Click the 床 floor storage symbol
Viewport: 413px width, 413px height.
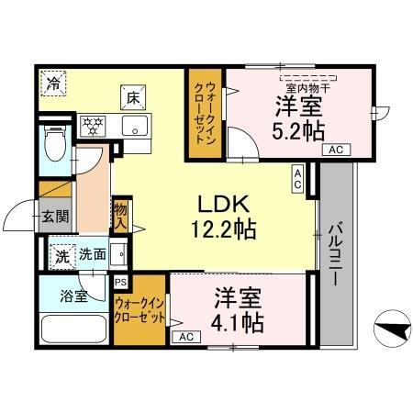(132, 95)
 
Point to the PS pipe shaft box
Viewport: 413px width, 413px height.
(120, 284)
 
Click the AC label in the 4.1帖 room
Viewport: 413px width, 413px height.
(186, 337)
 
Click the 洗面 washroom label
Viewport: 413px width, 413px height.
(91, 256)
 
